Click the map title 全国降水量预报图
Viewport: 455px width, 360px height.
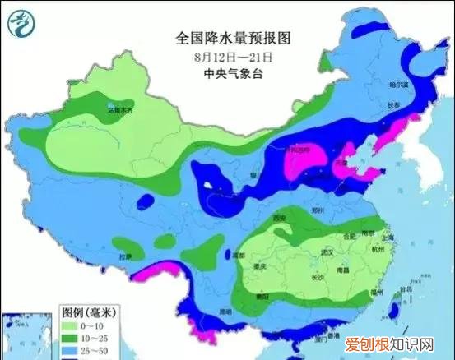pos(234,39)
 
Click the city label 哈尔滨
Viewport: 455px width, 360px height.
pos(399,85)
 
